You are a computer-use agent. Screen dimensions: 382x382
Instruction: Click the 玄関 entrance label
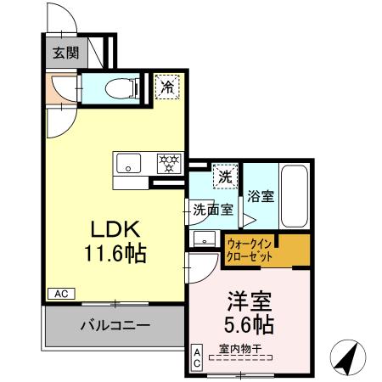63,52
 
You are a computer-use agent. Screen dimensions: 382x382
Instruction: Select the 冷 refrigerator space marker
167,86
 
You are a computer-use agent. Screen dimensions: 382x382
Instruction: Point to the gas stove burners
166,162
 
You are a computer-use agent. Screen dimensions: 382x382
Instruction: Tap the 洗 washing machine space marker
225,177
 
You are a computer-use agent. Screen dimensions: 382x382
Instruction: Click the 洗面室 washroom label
212,211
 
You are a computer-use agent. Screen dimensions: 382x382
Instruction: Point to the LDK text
110,229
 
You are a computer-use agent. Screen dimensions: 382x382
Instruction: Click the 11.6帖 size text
110,251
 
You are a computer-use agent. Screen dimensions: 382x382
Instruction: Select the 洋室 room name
248,301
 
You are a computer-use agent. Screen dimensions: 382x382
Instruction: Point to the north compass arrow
347,357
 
